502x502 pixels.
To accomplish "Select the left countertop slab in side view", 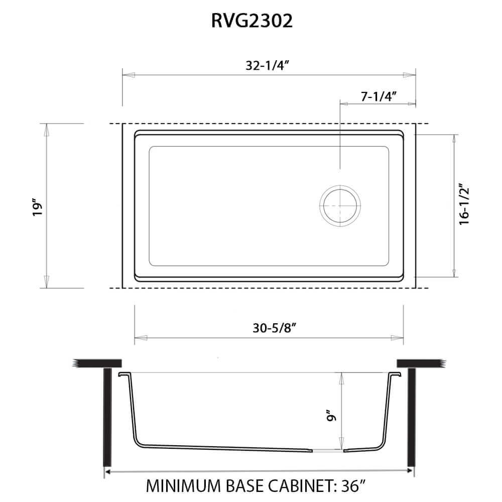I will (x=98, y=362).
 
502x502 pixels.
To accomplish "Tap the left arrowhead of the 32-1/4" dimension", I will (x=129, y=75).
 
